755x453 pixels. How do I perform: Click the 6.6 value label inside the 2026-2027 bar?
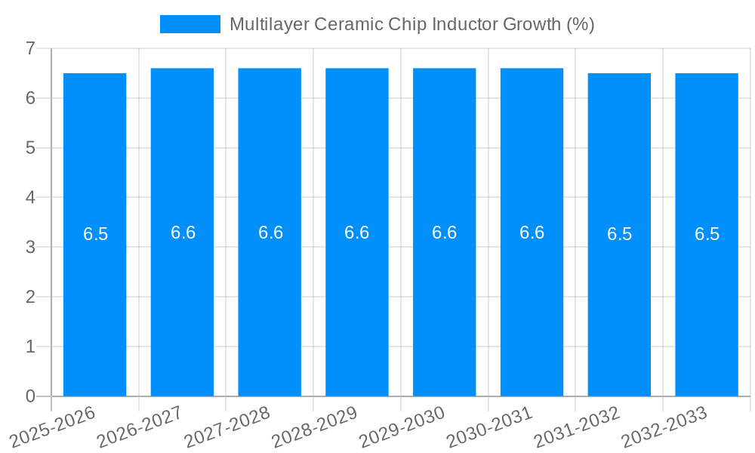[x=183, y=233]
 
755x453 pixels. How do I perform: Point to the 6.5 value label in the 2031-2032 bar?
[x=619, y=234]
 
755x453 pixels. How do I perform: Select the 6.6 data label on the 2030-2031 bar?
[x=532, y=233]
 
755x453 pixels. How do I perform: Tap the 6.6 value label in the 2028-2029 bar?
[x=356, y=233]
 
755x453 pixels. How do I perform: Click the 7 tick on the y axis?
[x=30, y=48]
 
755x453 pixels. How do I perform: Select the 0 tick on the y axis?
[x=30, y=396]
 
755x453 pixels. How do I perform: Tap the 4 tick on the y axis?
[x=30, y=198]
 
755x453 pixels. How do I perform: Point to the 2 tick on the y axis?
[x=30, y=297]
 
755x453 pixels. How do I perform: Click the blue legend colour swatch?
[x=190, y=24]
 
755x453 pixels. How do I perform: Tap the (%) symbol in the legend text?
[x=580, y=24]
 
